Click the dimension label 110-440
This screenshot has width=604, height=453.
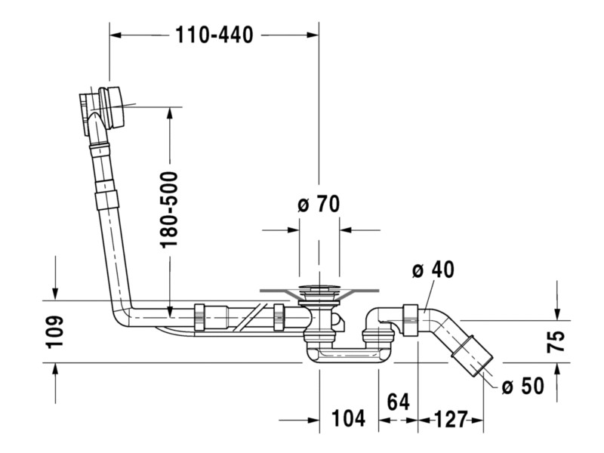(214, 35)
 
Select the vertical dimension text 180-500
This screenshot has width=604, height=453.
(169, 209)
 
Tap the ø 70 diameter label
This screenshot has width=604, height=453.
(319, 204)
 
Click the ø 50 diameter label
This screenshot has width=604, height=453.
(522, 387)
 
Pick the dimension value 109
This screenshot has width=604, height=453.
(54, 331)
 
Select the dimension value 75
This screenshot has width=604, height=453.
(556, 341)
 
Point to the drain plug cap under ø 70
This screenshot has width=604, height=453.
(319, 288)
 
